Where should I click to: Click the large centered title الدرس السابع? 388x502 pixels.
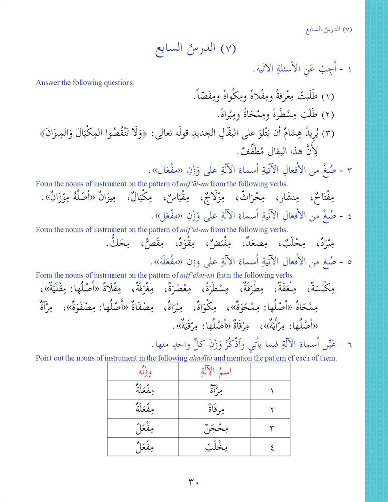194,49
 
